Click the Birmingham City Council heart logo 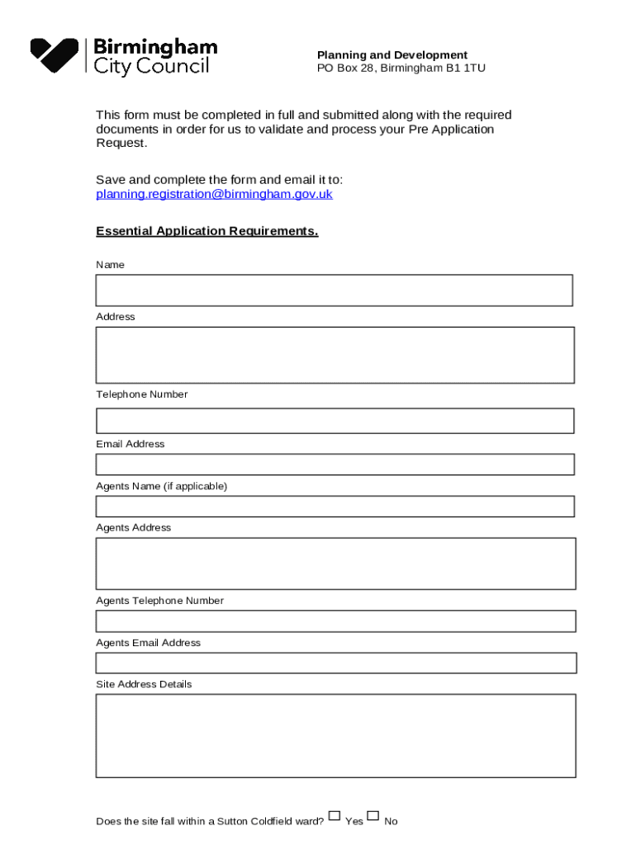coord(55,54)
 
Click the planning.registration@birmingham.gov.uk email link coord(214,195)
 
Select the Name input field coord(334,290)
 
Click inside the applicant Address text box coord(335,355)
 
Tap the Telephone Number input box coord(335,421)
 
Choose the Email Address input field coord(335,465)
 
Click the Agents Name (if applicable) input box coord(335,507)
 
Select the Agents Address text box coord(335,564)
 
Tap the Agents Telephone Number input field coord(335,621)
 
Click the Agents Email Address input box coord(335,663)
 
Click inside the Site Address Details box coord(335,735)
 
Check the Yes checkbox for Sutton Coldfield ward coord(334,816)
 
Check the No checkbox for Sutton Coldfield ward coord(373,816)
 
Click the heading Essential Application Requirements coord(206,231)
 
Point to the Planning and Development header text coord(392,55)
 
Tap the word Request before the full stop coord(120,144)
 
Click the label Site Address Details coord(144,684)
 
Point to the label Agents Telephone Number coord(159,601)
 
